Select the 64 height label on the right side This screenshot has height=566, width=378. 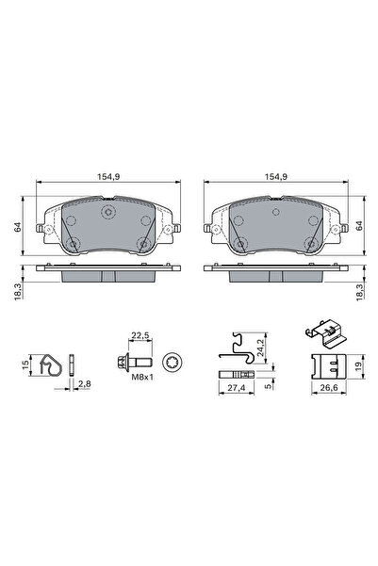click(362, 226)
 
